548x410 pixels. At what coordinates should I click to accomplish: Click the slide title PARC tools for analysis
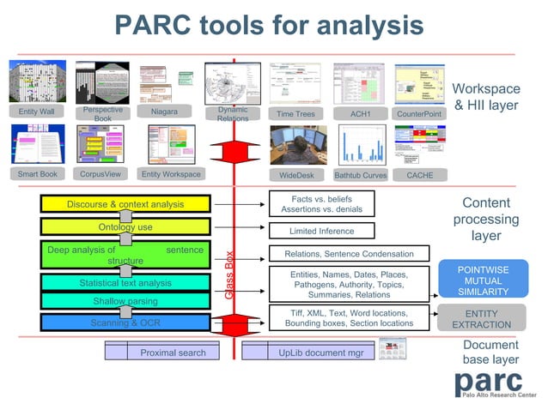tap(269, 25)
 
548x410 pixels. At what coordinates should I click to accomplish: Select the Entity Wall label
tap(35, 112)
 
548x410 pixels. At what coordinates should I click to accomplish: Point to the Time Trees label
tap(295, 113)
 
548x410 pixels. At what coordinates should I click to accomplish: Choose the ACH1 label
tap(360, 113)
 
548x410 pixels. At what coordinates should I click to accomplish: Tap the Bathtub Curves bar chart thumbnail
tap(361, 145)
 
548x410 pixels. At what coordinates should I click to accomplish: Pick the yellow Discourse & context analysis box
tap(125, 204)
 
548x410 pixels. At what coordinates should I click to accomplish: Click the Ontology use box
tap(125, 227)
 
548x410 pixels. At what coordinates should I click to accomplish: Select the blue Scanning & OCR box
tap(125, 323)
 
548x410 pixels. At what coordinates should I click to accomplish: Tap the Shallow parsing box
tap(125, 301)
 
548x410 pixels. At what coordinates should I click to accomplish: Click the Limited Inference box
tap(322, 231)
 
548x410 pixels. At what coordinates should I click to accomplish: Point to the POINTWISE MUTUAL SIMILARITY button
tap(484, 280)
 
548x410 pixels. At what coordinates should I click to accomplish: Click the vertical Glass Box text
tap(229, 274)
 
